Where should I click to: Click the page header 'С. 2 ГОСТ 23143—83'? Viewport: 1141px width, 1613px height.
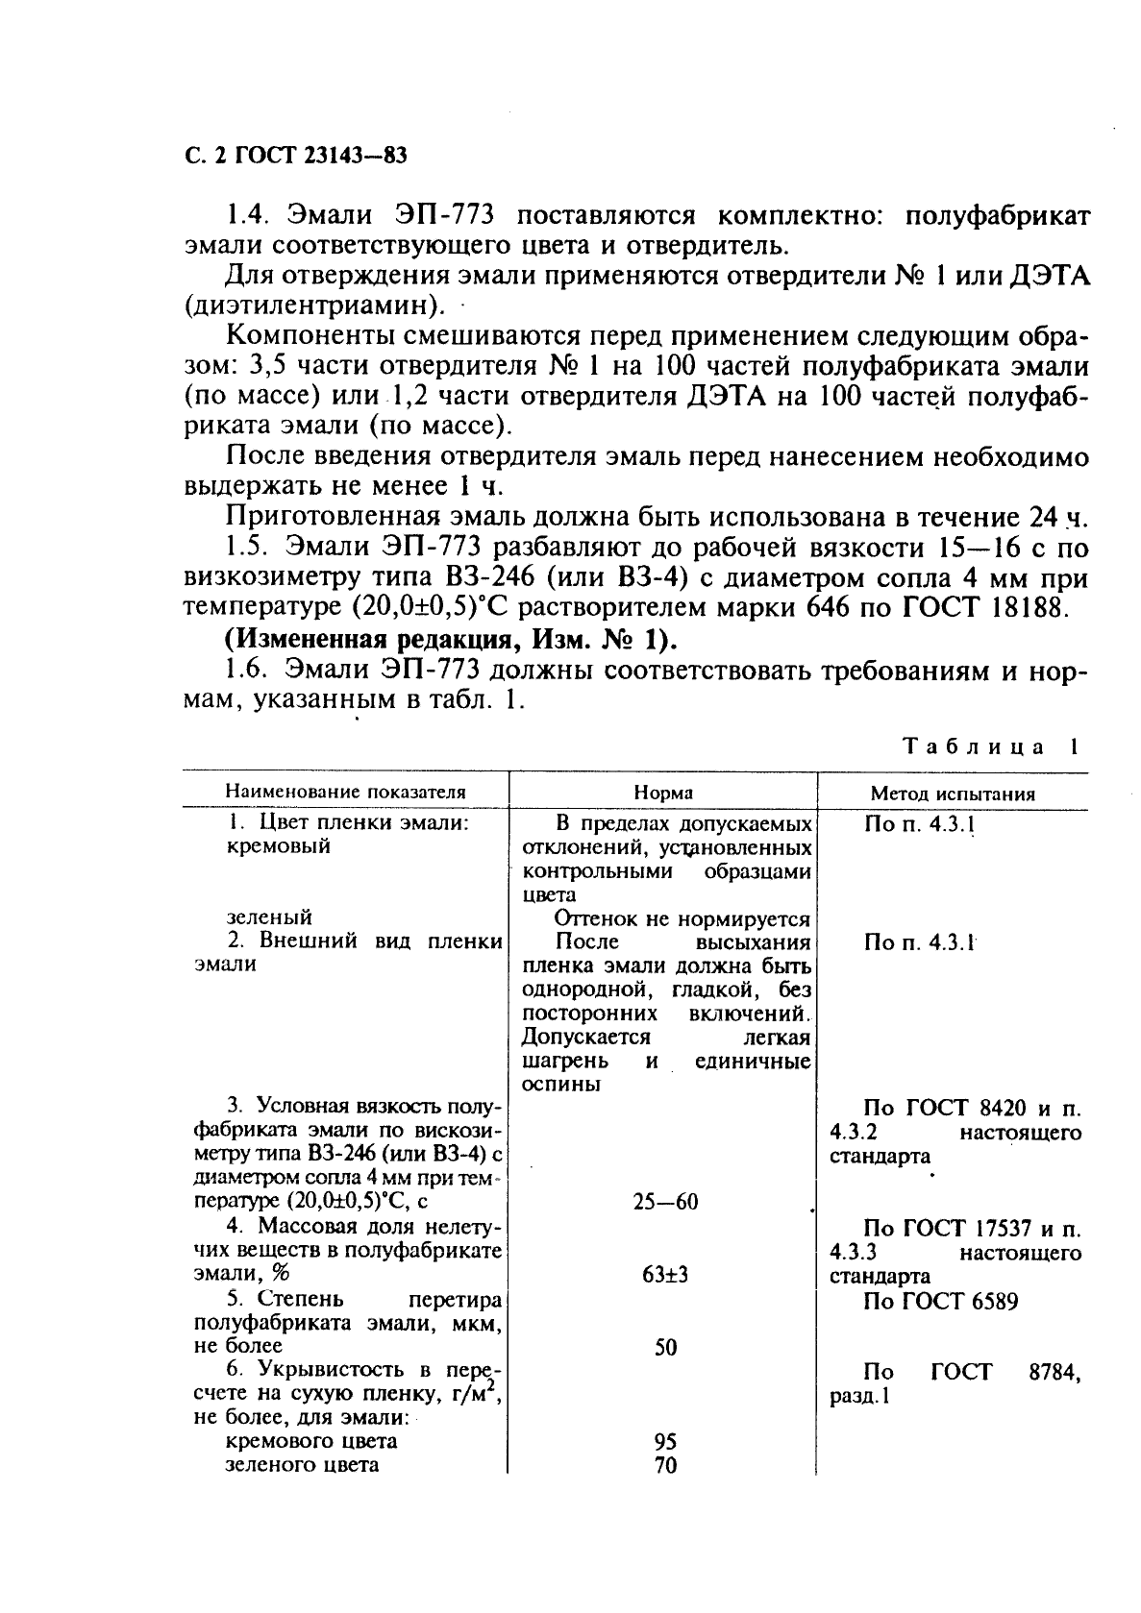coord(289,157)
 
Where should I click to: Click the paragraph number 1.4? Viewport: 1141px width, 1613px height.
coord(244,217)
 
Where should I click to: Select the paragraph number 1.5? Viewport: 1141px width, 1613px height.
coord(244,549)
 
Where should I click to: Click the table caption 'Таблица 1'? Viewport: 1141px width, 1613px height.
coord(990,746)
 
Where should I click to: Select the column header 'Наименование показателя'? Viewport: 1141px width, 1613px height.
coord(345,793)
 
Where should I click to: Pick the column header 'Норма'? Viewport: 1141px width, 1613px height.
coord(663,794)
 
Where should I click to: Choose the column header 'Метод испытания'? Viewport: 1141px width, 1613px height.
coord(952,794)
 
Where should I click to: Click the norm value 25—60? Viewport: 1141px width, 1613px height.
coord(665,1202)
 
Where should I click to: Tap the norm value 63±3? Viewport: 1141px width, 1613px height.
coord(665,1275)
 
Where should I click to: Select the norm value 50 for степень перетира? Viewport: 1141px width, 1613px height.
coord(665,1347)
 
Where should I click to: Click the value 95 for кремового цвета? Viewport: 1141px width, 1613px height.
coord(665,1441)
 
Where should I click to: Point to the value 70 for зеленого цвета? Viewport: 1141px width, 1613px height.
coord(665,1465)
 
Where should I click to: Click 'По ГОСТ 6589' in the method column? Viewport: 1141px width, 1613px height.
coord(940,1302)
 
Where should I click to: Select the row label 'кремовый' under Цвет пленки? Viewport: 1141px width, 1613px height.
coord(278,846)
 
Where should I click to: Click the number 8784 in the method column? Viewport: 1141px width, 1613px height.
coord(1054,1373)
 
